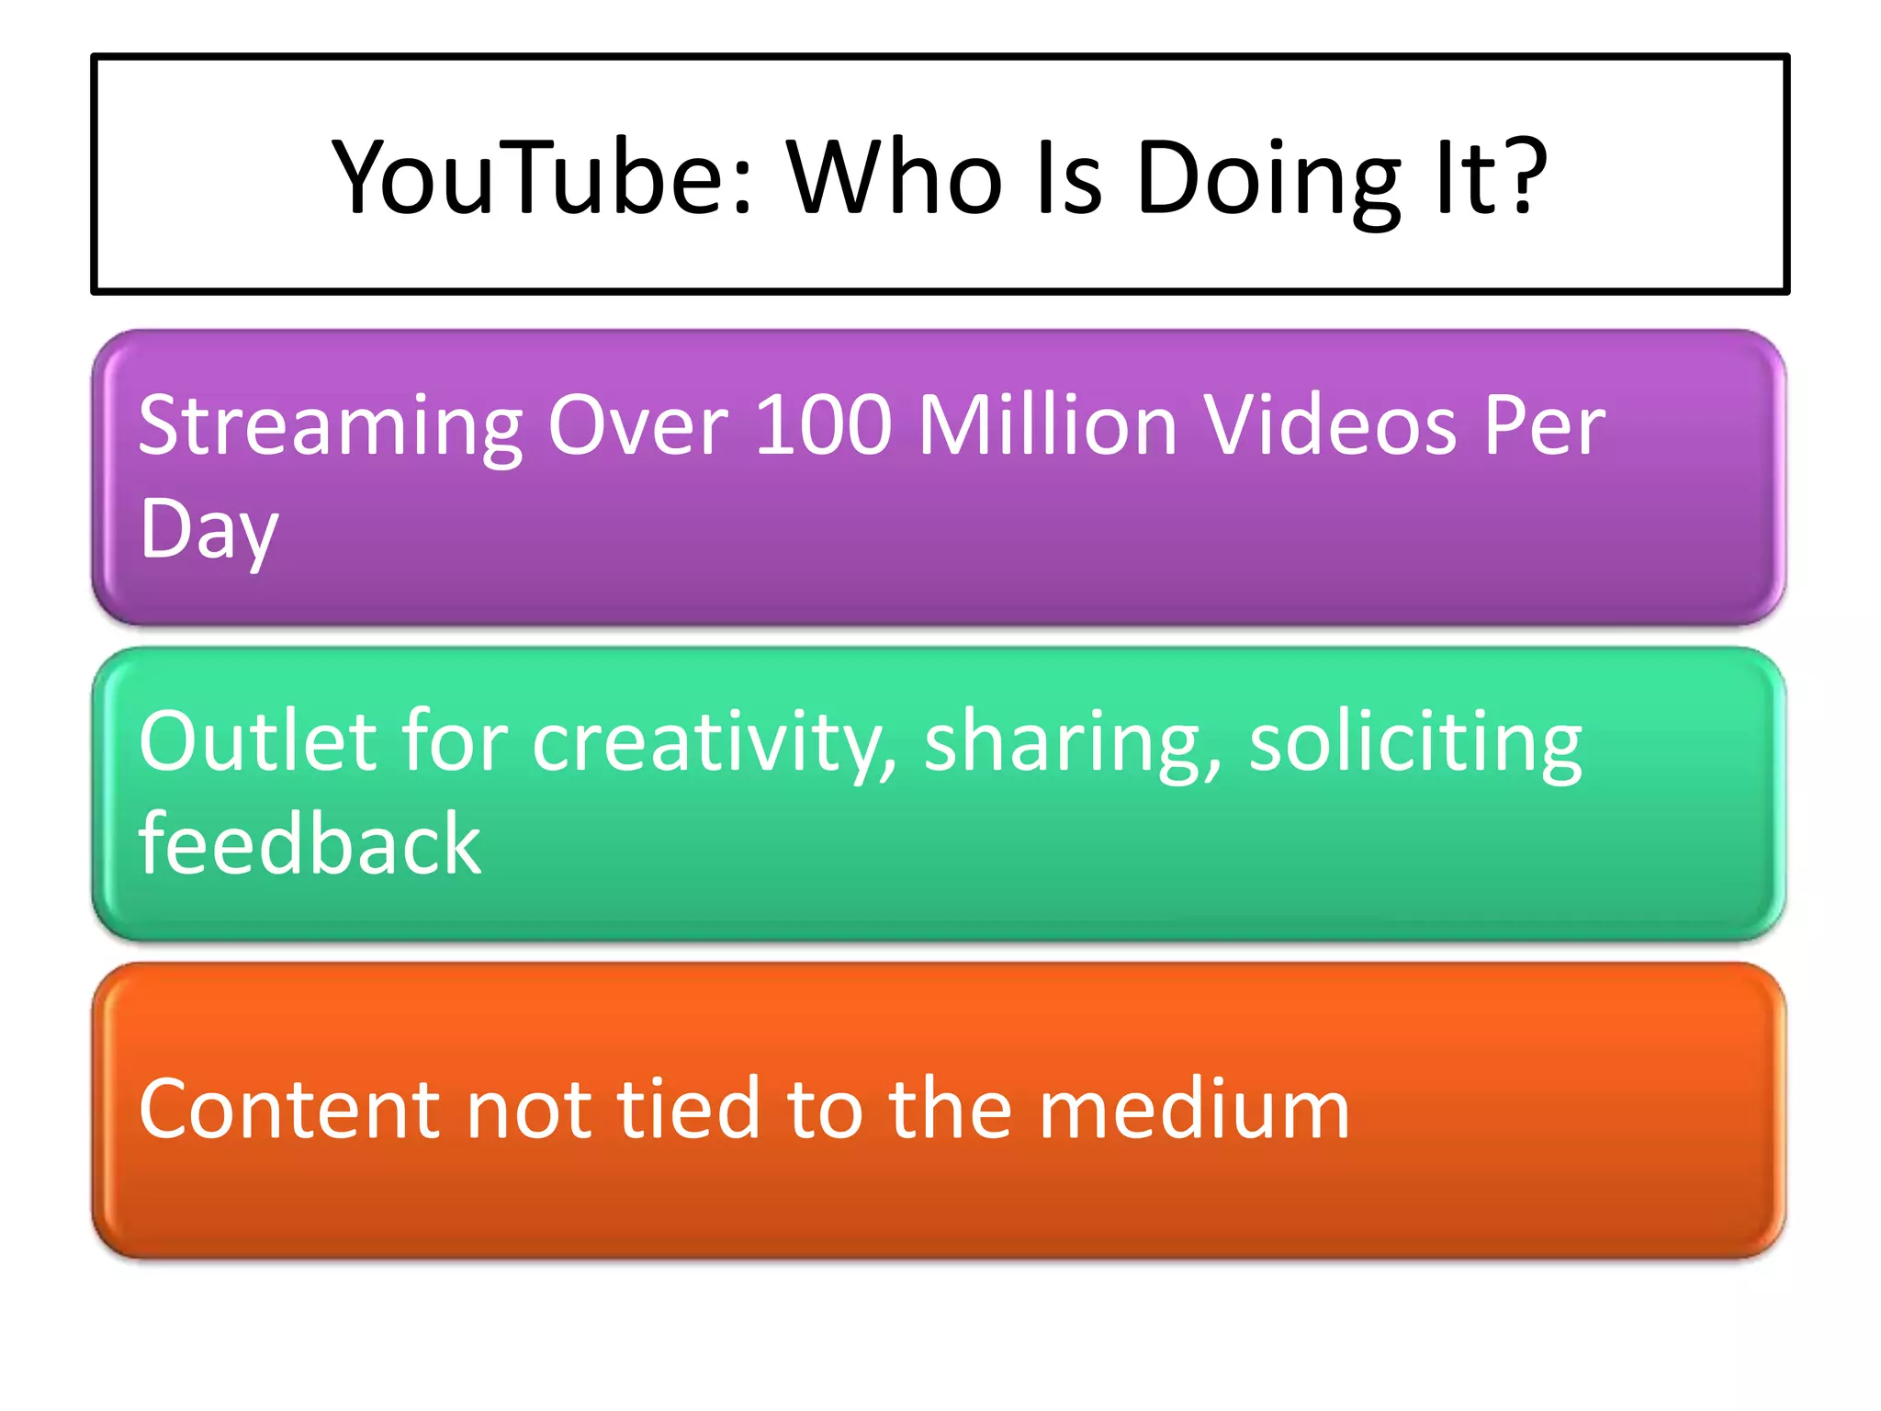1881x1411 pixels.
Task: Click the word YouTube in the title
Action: [x=534, y=176]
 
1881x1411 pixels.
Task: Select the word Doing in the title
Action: [x=1268, y=176]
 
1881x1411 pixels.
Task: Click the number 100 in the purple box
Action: [x=822, y=424]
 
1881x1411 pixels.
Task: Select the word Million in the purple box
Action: [x=1047, y=424]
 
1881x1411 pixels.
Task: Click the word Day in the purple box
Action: [x=208, y=531]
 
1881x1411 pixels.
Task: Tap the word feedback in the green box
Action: [x=310, y=843]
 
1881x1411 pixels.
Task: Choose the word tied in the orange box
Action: [x=688, y=1109]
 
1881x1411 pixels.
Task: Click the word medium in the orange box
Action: [x=1193, y=1109]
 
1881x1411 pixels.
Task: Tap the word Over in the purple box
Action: [x=637, y=424]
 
